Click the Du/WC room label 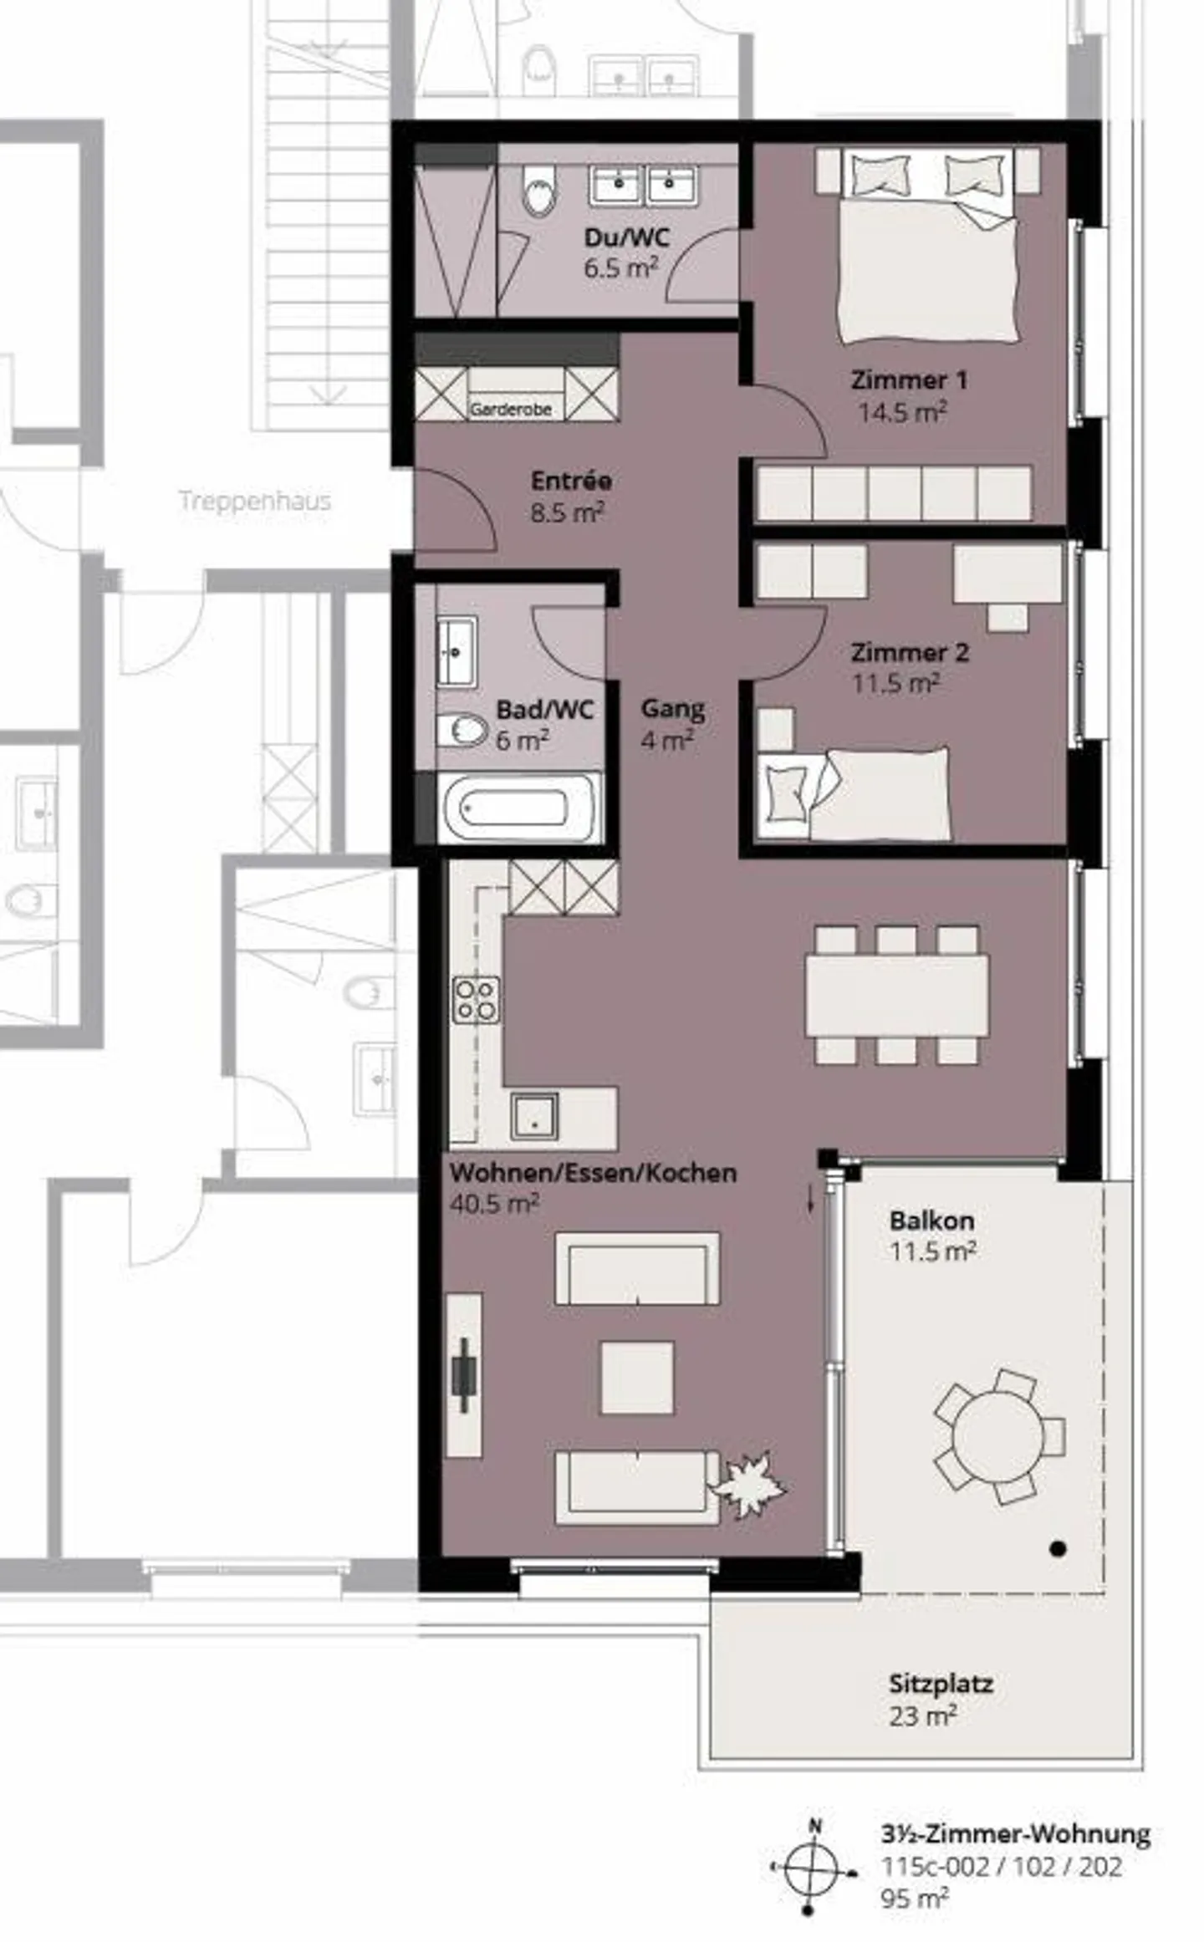pos(626,237)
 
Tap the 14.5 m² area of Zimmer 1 pos(901,412)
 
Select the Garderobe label pos(510,410)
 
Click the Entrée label pos(571,481)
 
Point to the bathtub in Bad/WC pos(518,808)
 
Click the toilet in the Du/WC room pos(539,190)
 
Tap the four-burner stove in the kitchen pos(476,1001)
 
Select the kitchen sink pos(534,1116)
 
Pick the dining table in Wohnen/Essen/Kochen pos(896,996)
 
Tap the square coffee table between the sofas pos(637,1378)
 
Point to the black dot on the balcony pos(1058,1549)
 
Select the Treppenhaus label pos(254,502)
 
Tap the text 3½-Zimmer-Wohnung pos(1015,1834)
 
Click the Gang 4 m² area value pos(666,741)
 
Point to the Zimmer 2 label pos(910,652)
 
